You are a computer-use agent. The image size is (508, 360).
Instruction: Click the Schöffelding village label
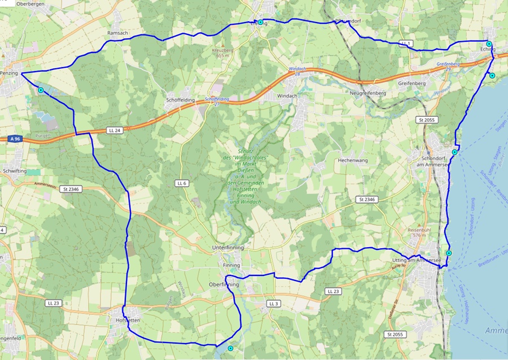click(181, 100)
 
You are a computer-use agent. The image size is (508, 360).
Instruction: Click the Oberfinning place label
click(224, 285)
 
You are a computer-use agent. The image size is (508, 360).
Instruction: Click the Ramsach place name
click(117, 33)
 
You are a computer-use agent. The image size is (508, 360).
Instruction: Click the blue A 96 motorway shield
click(15, 138)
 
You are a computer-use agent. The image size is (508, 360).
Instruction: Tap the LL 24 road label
click(115, 130)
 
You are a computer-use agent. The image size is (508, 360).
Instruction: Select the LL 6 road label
click(181, 183)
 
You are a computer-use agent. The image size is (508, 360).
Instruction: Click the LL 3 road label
click(274, 304)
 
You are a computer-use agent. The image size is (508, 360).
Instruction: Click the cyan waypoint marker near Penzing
click(41, 90)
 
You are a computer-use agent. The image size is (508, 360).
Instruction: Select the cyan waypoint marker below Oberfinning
click(230, 349)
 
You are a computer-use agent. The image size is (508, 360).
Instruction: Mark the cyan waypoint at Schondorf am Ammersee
click(455, 152)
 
